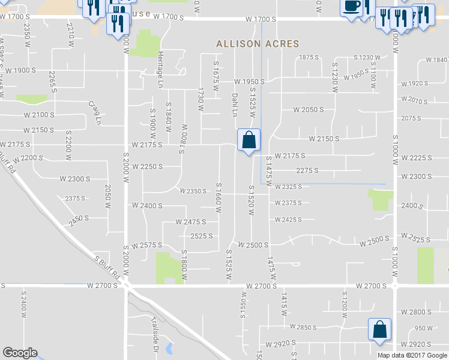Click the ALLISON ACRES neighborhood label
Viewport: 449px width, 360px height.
point(257,44)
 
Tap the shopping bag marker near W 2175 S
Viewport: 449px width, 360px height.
point(249,140)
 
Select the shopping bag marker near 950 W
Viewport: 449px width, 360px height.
point(380,329)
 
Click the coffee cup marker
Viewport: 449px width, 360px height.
point(351,7)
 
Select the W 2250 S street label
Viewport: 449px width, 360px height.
point(148,166)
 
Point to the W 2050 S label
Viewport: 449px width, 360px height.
point(309,110)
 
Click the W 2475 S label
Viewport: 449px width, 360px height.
point(191,221)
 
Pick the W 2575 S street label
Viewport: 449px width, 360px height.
point(148,245)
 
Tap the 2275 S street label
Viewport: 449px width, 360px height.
point(307,170)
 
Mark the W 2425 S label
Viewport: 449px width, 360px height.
point(288,220)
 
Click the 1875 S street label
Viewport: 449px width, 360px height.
point(307,57)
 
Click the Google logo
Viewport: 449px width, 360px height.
point(20,353)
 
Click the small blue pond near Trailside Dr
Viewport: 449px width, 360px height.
point(169,347)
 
